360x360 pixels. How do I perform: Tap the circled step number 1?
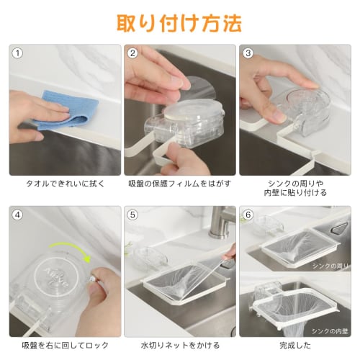tap(18, 53)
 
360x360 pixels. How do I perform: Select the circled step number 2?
tap(132, 53)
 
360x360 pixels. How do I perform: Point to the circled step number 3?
tap(248, 53)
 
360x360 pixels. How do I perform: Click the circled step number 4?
tap(18, 214)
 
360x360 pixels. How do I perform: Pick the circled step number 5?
tap(132, 214)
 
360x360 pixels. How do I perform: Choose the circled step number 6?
tap(248, 214)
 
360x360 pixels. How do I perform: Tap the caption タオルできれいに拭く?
tap(65, 184)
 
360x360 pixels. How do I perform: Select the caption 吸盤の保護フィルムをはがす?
tap(179, 184)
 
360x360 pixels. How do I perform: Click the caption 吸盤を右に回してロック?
tap(65, 345)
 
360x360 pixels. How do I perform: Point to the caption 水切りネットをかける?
tap(179, 345)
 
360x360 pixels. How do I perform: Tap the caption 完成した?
tap(294, 345)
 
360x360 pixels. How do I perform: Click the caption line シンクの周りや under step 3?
tap(294, 184)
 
